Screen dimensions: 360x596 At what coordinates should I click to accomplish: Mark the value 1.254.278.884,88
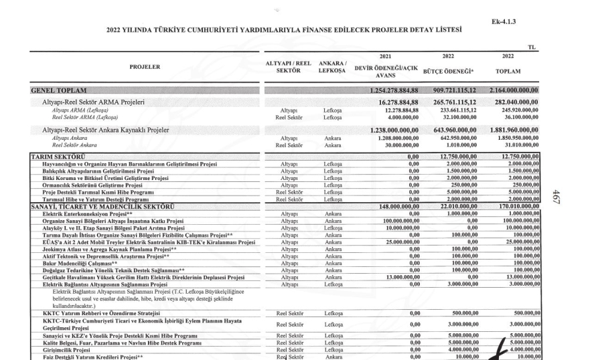pos(402,90)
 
